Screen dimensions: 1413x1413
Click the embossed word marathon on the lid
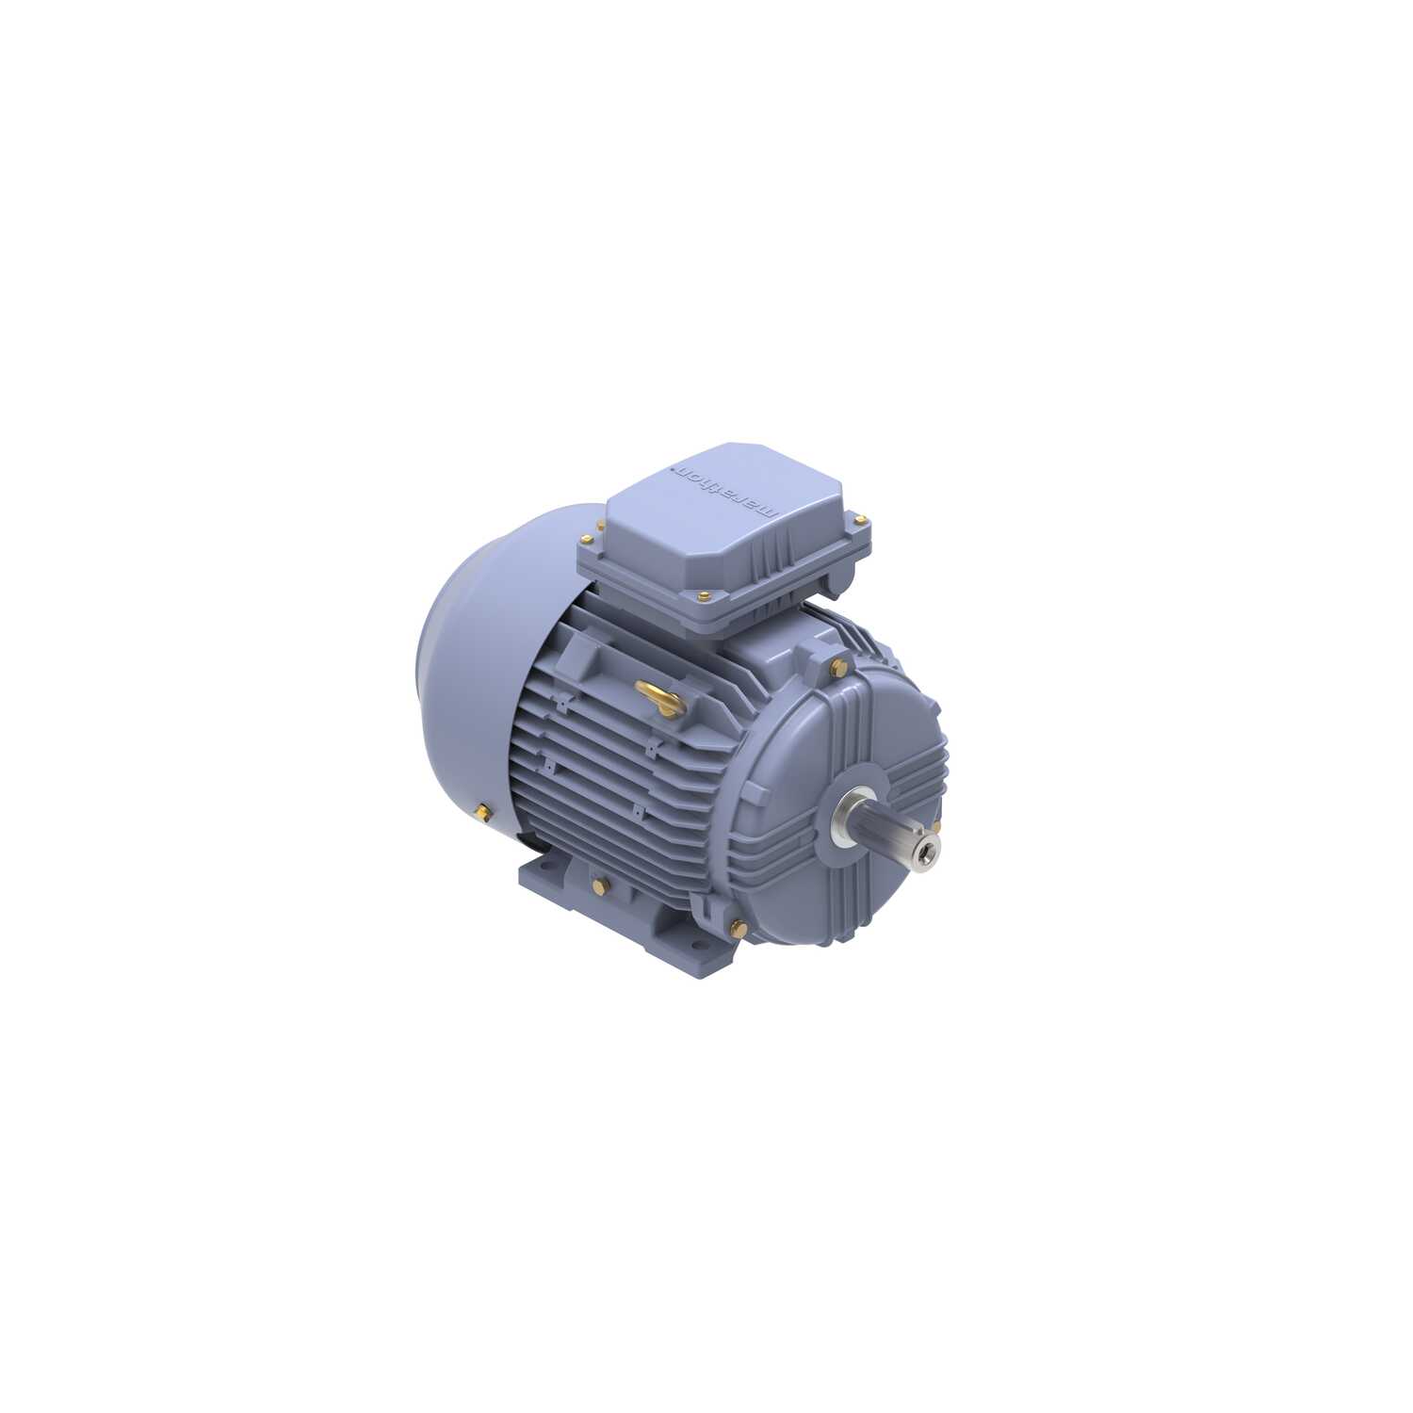[x=726, y=489]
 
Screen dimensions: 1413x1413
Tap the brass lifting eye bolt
[x=661, y=697]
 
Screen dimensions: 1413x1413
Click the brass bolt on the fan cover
[x=483, y=810]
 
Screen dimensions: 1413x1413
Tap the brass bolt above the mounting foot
[x=600, y=885]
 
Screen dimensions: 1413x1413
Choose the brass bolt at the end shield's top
[x=837, y=667]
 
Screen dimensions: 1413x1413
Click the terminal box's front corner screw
[x=705, y=594]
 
